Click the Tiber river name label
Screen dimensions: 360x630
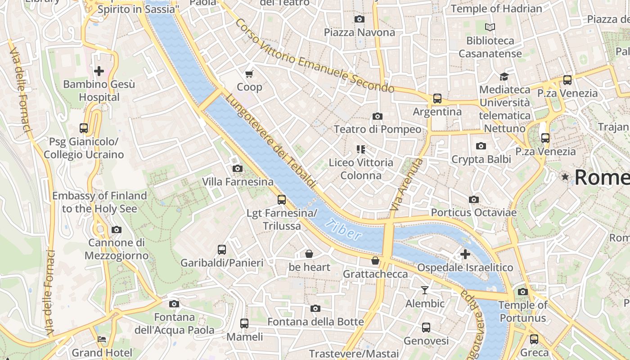(344, 229)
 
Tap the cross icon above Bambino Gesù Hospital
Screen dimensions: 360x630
(99, 71)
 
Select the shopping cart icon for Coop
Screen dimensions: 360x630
(249, 73)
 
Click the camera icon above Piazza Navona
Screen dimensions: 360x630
(359, 19)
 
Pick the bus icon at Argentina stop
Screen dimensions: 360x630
(437, 98)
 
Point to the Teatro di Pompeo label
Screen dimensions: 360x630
(378, 130)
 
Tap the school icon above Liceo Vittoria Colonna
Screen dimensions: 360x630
(360, 149)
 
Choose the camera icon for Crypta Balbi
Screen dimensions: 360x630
(481, 146)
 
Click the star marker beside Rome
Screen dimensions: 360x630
(565, 177)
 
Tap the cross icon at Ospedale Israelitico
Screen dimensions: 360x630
(465, 254)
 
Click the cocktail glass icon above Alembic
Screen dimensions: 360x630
(425, 290)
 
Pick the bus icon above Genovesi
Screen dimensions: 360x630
(426, 328)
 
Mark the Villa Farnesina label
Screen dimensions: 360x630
(238, 182)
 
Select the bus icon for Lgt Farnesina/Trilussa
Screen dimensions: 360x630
(282, 199)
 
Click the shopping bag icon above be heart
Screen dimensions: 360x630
(309, 254)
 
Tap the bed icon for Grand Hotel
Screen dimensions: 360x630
(102, 339)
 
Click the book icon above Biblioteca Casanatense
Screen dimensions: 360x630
(490, 27)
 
